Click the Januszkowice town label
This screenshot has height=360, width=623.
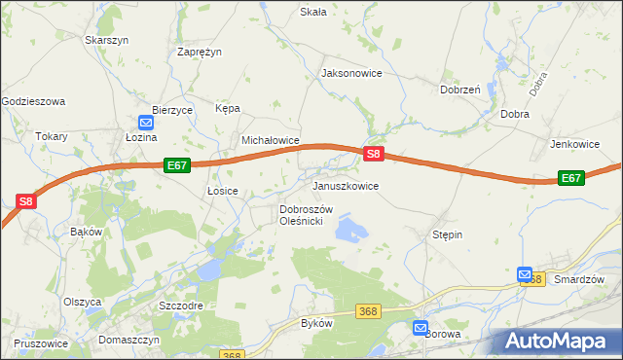pos(345,185)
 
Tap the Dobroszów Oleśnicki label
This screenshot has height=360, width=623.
pos(307,215)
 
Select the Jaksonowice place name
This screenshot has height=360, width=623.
pos(351,73)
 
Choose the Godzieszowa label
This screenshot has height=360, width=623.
pos(32,101)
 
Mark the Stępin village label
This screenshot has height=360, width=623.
pos(447,234)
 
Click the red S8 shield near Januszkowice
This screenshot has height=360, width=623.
pos(374,154)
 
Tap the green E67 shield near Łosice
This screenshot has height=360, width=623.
pos(176,165)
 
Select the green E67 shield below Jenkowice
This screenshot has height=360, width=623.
pos(571,178)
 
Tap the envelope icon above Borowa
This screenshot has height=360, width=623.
pos(421,328)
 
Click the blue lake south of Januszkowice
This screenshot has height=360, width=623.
pos(350,230)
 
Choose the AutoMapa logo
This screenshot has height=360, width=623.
pos(560,342)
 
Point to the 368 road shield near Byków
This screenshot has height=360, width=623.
pos(367,310)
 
